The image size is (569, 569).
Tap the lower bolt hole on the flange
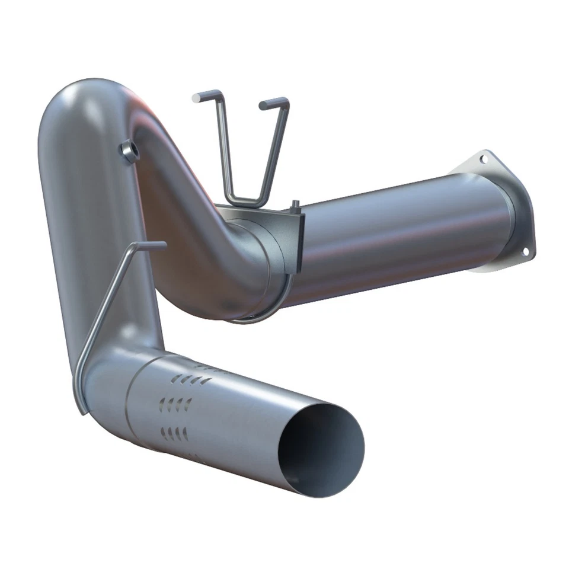click(525, 251)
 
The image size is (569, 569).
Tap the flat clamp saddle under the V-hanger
click(261, 212)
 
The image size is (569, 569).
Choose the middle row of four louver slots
click(176, 404)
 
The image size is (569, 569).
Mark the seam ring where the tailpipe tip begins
click(131, 403)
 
